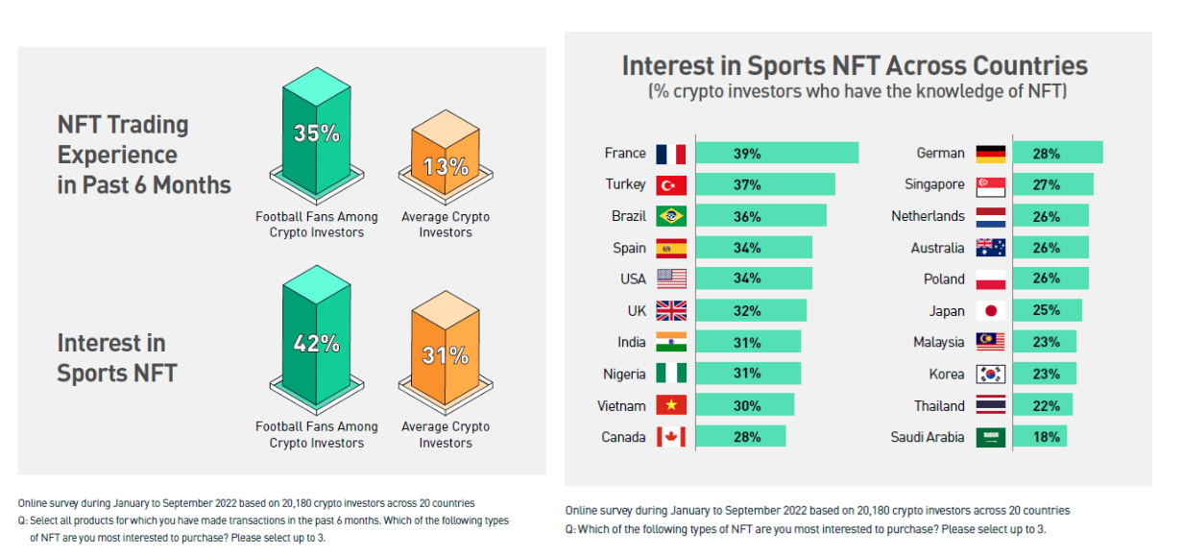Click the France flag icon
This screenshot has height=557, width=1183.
[670, 154]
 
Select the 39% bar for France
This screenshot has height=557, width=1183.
[776, 154]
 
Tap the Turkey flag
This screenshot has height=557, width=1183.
[670, 185]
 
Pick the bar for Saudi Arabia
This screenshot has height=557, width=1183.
[1039, 437]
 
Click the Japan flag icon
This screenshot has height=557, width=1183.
[990, 311]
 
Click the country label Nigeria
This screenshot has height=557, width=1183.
[624, 375]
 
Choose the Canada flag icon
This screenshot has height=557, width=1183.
[670, 438]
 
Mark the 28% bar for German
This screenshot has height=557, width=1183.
[1057, 154]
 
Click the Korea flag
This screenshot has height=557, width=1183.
[990, 375]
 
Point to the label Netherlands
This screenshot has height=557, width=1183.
[928, 216]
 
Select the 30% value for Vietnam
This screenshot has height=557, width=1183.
[747, 405]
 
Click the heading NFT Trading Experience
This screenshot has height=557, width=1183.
[144, 155]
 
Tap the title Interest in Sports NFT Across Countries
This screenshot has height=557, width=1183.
[855, 65]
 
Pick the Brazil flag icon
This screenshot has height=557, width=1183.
[670, 216]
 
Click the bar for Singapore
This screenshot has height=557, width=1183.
[1052, 185]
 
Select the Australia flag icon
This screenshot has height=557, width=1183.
[990, 248]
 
